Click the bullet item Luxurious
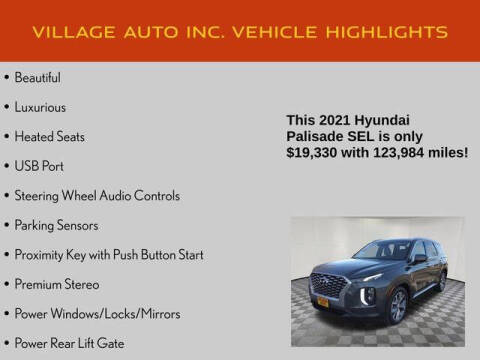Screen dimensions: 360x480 point(41,105)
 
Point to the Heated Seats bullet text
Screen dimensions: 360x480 point(49,135)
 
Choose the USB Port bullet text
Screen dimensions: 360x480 point(40,165)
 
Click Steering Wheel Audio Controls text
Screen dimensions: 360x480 point(97,195)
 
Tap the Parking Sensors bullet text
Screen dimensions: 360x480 point(56,225)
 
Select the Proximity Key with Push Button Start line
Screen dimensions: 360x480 point(109,255)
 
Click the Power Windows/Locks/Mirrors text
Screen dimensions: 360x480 point(97,315)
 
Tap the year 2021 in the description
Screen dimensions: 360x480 point(339,120)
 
